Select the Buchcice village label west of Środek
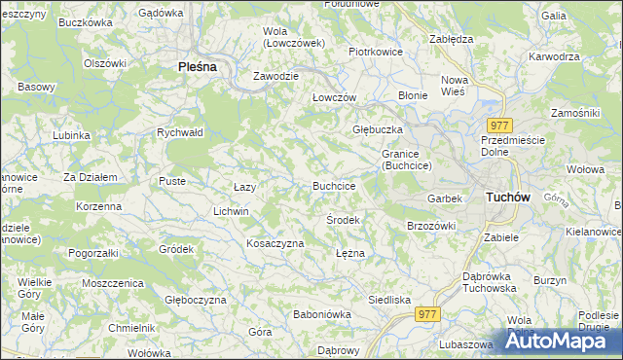(333, 185)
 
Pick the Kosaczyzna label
(275, 243)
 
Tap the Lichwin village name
(231, 211)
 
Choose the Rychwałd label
(179, 133)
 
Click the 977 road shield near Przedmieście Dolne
(500, 126)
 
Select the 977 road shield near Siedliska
(427, 313)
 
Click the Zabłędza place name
(451, 39)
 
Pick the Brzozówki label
(430, 226)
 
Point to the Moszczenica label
(113, 282)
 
